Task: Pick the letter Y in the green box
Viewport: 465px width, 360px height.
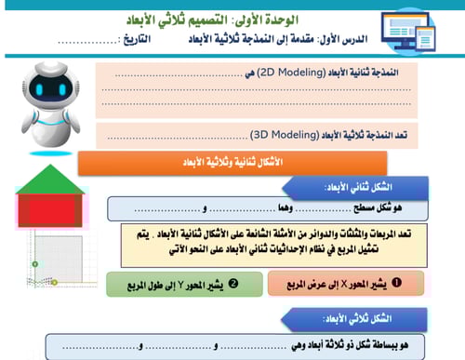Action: (x=173, y=281)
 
